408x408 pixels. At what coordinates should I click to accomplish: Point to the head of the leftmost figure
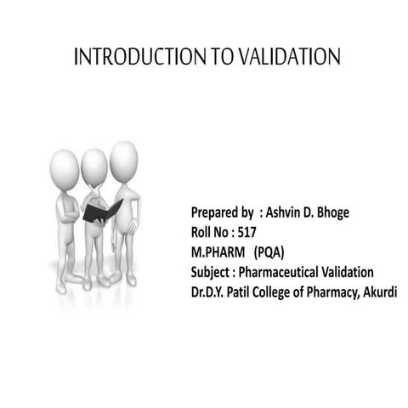(x=64, y=167)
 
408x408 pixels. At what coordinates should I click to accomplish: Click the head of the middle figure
(x=93, y=164)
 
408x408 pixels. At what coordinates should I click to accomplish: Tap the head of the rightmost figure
(x=123, y=158)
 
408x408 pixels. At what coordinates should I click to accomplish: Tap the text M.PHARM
(x=216, y=252)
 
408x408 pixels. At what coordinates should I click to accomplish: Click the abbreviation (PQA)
(x=267, y=252)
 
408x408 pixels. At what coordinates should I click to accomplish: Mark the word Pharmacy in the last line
(x=332, y=293)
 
